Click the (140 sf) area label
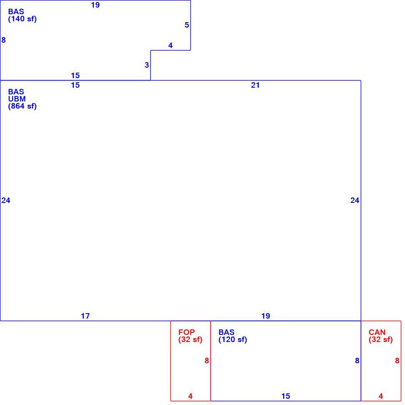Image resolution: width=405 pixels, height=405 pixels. click(23, 19)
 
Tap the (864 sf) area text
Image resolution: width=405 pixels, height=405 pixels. click(23, 106)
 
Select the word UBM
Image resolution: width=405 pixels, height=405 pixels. click(17, 99)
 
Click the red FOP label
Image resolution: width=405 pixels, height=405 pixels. click(187, 332)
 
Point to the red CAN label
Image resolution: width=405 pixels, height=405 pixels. click(377, 332)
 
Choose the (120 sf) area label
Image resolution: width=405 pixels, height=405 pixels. click(233, 339)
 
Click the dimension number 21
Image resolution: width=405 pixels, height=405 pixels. click(255, 85)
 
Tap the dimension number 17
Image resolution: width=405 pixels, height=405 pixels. click(85, 316)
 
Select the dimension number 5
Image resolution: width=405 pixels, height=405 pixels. click(187, 25)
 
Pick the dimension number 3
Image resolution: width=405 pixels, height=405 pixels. click(147, 65)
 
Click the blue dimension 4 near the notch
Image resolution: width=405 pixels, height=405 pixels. click(170, 46)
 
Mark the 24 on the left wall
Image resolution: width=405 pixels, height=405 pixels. click(6, 200)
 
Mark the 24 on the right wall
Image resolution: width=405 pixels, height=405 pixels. click(354, 200)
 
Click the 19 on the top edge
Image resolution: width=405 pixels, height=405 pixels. click(95, 5)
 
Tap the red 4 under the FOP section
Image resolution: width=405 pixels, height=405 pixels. click(190, 396)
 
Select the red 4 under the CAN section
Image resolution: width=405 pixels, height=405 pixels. click(381, 396)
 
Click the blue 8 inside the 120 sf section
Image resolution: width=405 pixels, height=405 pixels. click(357, 361)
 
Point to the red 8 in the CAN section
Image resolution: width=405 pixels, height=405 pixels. click(397, 361)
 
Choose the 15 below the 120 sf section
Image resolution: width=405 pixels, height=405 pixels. click(286, 396)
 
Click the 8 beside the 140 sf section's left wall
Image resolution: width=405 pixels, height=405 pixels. click(3, 40)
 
